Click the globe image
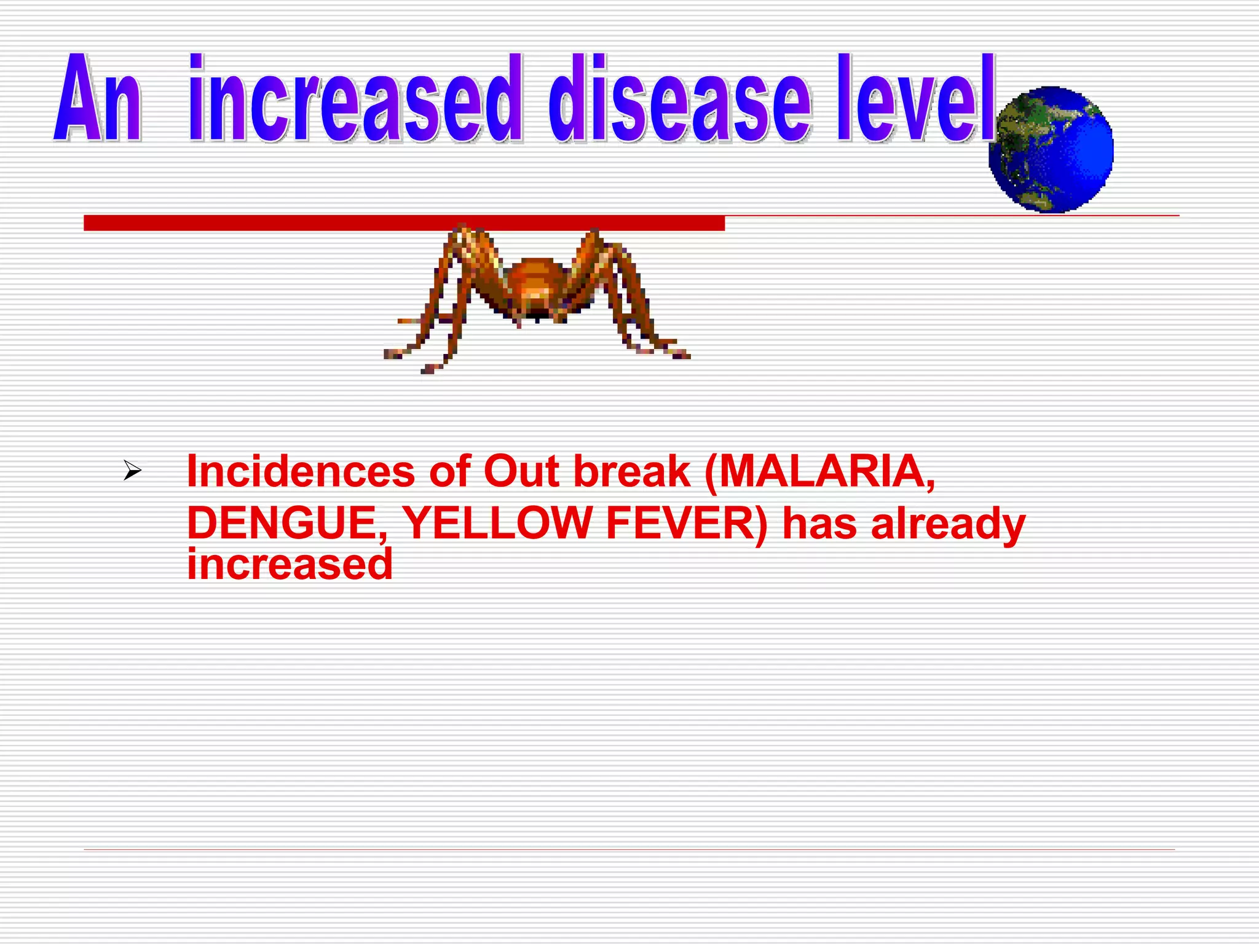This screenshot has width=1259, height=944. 1051,149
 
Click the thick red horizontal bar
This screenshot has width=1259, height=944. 404,223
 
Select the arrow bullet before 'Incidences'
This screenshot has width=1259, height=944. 132,471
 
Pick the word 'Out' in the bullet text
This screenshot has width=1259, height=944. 521,472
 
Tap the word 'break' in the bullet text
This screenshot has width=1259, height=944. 632,472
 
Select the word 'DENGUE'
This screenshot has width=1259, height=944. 286,524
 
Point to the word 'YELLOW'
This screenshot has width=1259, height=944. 497,524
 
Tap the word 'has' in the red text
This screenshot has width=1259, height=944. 819,524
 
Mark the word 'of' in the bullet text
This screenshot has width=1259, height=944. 449,472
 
